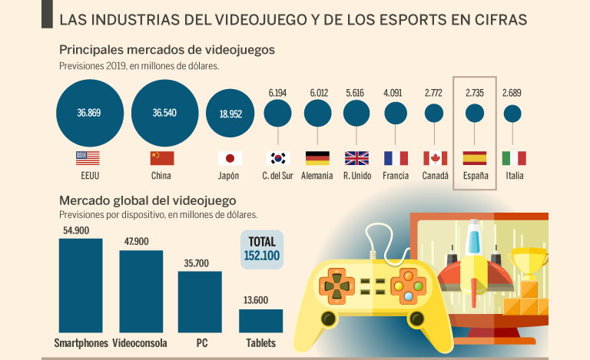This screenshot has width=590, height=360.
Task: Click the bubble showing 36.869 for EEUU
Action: point(89,113)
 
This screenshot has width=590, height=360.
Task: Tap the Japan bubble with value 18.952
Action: point(230,113)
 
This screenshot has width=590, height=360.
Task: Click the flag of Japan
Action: point(230,158)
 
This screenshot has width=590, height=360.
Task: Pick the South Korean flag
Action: point(277,158)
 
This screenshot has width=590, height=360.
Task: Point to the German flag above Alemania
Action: point(317,158)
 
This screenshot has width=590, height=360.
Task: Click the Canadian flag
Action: point(436,158)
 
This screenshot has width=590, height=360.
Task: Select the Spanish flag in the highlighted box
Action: point(474,158)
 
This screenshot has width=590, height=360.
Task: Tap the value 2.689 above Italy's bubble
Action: point(513,93)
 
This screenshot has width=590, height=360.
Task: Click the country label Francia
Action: point(396,176)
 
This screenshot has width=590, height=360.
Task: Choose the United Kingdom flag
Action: point(356,158)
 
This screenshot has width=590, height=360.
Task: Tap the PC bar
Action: point(200,301)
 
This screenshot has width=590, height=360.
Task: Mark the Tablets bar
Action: point(260,320)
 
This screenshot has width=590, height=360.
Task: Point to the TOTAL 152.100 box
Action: point(263,249)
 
